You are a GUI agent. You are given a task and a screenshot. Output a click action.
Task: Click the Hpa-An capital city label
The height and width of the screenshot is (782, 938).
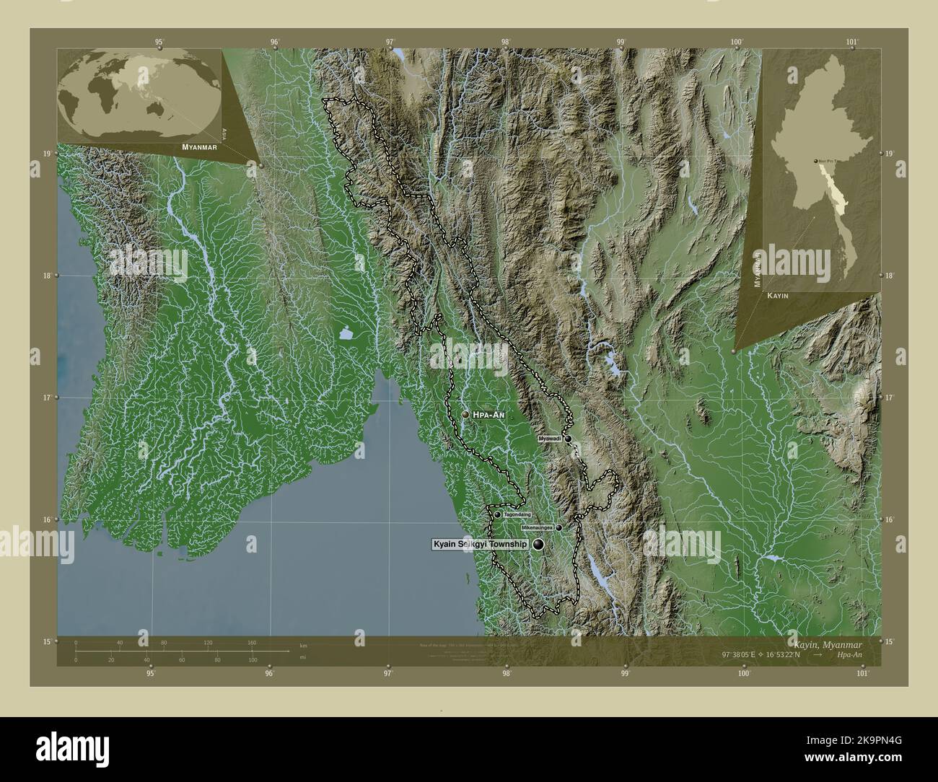coord(490,415)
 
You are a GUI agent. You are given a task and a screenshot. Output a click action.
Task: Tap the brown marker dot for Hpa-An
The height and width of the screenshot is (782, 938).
coord(465,415)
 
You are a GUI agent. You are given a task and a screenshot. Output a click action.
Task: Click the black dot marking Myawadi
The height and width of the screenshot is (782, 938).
coord(569,439)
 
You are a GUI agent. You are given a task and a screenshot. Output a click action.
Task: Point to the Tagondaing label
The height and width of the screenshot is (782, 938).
coord(517,514)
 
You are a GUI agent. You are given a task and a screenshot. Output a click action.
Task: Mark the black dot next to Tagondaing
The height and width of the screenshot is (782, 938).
coord(498,514)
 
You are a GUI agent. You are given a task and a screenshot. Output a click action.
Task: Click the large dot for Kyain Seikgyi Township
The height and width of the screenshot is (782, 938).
coord(539,545)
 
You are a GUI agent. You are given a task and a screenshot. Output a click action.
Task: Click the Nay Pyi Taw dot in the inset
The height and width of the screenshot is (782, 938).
coord(816,161)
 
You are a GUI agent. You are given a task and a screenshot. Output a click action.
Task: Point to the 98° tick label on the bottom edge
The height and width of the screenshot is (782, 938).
coord(507,674)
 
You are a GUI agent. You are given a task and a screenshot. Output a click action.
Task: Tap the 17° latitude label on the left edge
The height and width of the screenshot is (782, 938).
coord(45,397)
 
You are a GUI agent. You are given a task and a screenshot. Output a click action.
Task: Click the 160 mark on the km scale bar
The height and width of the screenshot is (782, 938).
coord(252,642)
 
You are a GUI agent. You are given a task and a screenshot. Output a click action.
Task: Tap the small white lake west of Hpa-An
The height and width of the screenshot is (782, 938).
coord(345,333)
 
